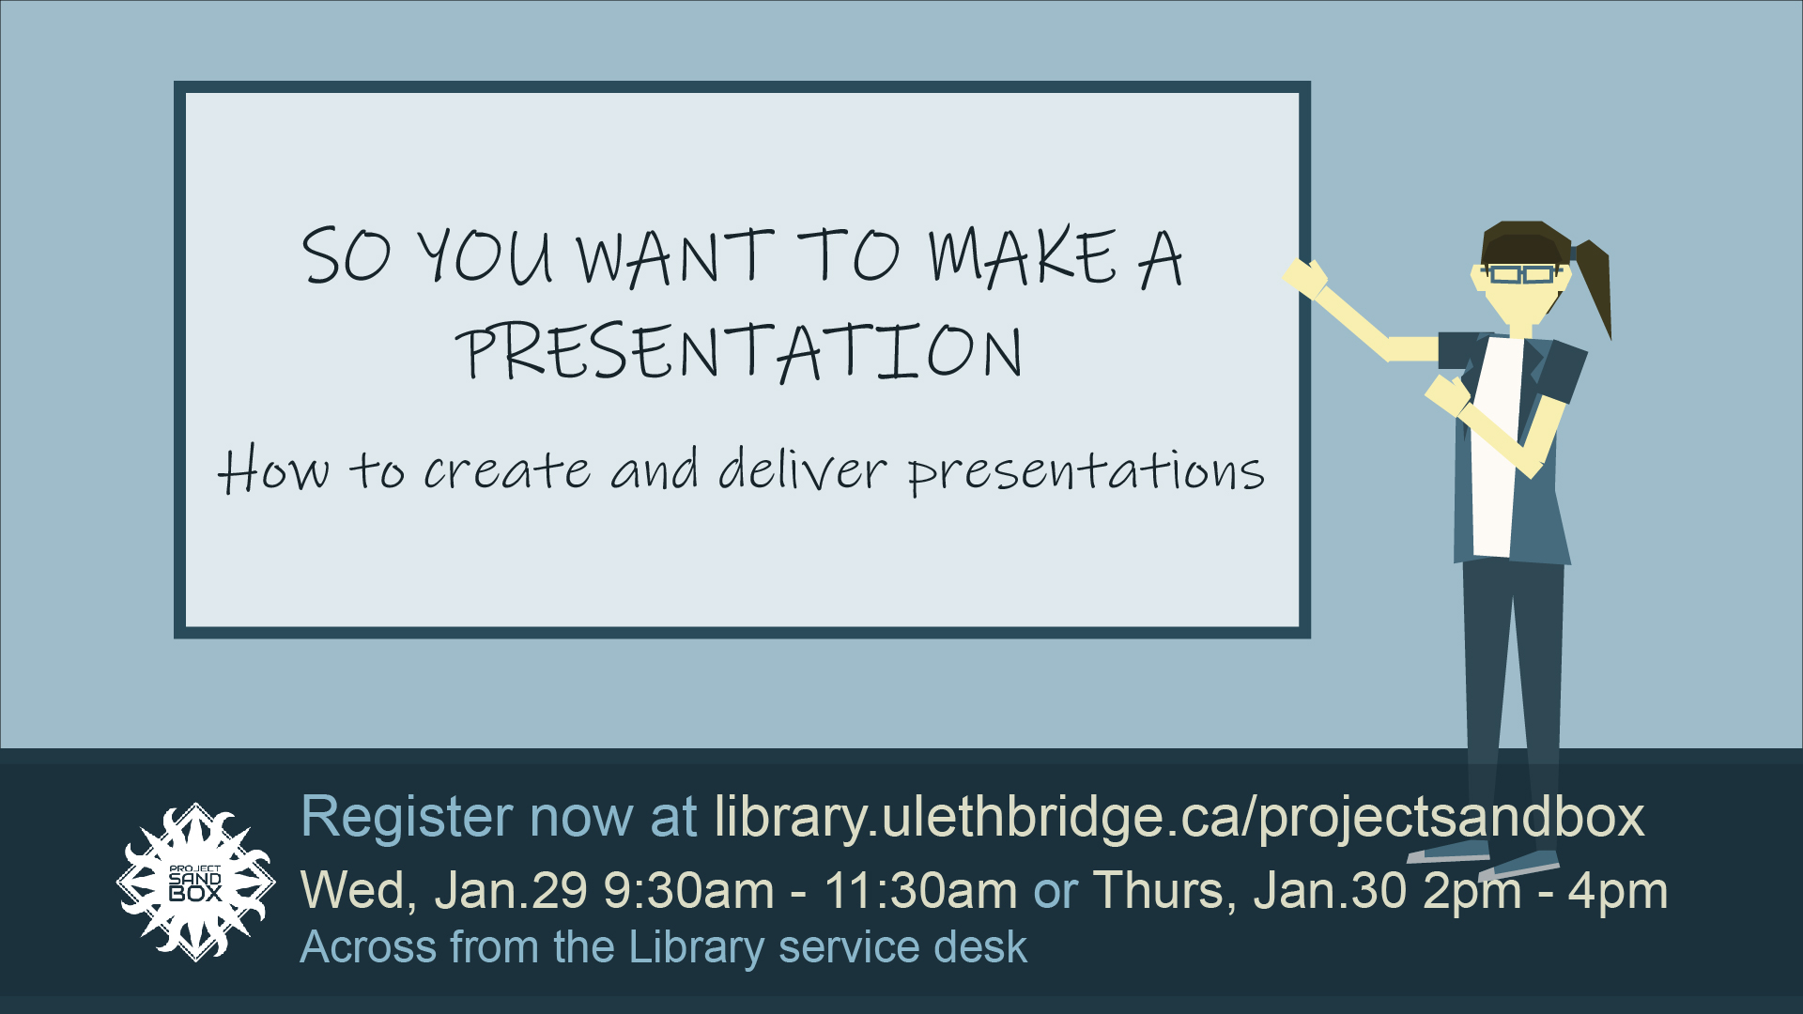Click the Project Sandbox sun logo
click(x=195, y=882)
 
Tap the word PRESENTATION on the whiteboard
click(x=740, y=352)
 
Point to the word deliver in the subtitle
click(x=803, y=469)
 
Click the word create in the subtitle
click(x=507, y=470)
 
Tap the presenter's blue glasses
click(x=1521, y=274)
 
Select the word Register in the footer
click(x=407, y=817)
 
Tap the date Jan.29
click(x=511, y=890)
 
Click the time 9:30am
click(x=688, y=890)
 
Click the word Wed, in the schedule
click(x=359, y=890)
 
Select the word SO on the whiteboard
click(x=346, y=255)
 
